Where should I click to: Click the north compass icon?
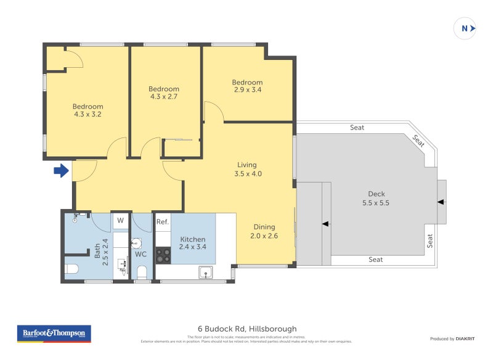[466, 28]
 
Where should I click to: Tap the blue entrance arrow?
[61, 171]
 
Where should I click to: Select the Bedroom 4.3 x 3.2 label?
[88, 110]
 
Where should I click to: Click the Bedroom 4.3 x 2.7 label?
[164, 92]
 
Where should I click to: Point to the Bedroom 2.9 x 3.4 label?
[247, 86]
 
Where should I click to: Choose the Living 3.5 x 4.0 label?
[248, 169]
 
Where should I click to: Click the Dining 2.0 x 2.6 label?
[264, 231]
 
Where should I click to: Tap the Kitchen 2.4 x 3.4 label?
[193, 243]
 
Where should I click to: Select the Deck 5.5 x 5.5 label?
[375, 198]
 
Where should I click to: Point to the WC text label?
[141, 254]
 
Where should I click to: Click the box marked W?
[121, 221]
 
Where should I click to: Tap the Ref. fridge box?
[163, 222]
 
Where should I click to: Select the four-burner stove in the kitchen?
[163, 255]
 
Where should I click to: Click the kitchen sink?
[205, 272]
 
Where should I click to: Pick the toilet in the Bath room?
[71, 269]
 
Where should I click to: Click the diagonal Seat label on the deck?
[418, 141]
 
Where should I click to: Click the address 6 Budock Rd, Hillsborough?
[246, 329]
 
